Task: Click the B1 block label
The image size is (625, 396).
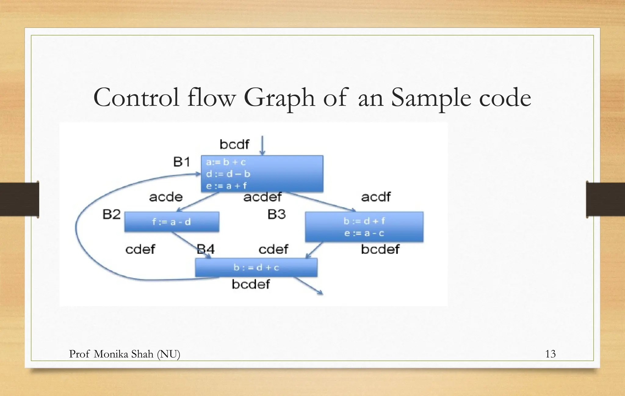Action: pyautogui.click(x=182, y=162)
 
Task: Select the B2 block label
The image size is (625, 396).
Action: pyautogui.click(x=111, y=214)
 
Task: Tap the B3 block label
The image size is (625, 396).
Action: pyautogui.click(x=276, y=214)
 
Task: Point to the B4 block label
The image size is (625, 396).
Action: pyautogui.click(x=206, y=249)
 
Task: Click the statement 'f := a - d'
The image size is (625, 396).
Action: pyautogui.click(x=172, y=222)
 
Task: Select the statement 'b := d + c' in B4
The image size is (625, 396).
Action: pyautogui.click(x=256, y=267)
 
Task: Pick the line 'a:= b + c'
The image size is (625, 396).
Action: pyautogui.click(x=226, y=162)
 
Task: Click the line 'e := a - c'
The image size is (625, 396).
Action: pyautogui.click(x=364, y=233)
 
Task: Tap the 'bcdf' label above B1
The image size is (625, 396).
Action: pyautogui.click(x=234, y=144)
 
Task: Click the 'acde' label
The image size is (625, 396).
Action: pyautogui.click(x=166, y=197)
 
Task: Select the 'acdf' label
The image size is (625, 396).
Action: pyautogui.click(x=376, y=197)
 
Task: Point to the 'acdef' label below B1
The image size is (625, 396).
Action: pyautogui.click(x=262, y=197)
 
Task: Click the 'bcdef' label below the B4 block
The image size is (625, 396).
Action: pyautogui.click(x=251, y=284)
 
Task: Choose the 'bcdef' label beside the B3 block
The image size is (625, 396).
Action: pyautogui.click(x=380, y=249)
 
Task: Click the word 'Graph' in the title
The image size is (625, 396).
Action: pyautogui.click(x=279, y=98)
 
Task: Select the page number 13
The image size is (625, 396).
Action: pyautogui.click(x=550, y=354)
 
